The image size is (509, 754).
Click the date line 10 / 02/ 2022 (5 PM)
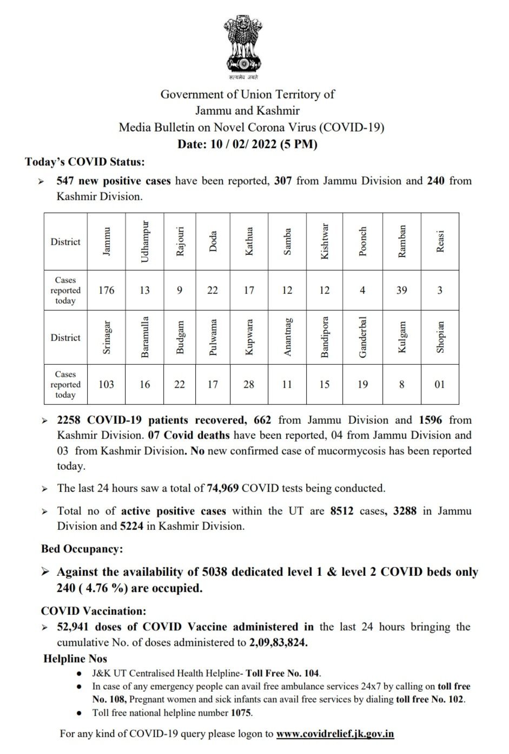point(247,144)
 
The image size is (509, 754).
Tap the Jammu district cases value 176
point(106,290)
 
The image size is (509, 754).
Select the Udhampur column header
point(144,241)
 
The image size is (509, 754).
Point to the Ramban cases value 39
point(401,290)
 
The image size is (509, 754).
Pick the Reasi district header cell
point(440,241)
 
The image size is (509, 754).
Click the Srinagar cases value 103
point(106,384)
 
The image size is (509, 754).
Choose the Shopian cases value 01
point(440,384)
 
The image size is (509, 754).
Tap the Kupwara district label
point(249,337)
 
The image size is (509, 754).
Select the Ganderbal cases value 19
point(362,384)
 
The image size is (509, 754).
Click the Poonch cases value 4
point(362,290)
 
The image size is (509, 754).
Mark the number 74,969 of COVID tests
point(222,488)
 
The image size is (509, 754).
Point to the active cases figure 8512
point(342,510)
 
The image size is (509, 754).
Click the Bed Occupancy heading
point(82,549)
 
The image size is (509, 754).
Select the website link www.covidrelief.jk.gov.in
point(335,734)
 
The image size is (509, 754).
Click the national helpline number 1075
point(241,712)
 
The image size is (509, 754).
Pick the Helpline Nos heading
point(75,659)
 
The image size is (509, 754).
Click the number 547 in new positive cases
point(65,181)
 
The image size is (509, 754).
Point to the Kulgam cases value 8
point(401,384)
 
